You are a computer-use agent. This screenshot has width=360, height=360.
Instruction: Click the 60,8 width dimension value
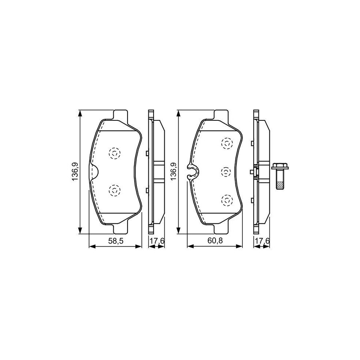(214, 242)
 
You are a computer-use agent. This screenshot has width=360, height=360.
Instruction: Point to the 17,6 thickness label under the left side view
(156, 242)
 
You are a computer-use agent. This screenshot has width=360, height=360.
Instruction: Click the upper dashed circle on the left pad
(114, 153)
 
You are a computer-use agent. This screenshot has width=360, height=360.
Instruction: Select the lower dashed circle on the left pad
(114, 190)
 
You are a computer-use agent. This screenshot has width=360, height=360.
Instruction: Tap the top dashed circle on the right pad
(227, 143)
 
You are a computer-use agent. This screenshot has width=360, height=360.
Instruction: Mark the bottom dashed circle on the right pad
(227, 200)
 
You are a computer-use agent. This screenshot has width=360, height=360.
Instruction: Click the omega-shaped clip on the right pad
(192, 172)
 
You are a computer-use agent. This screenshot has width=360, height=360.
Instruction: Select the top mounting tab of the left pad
(121, 115)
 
